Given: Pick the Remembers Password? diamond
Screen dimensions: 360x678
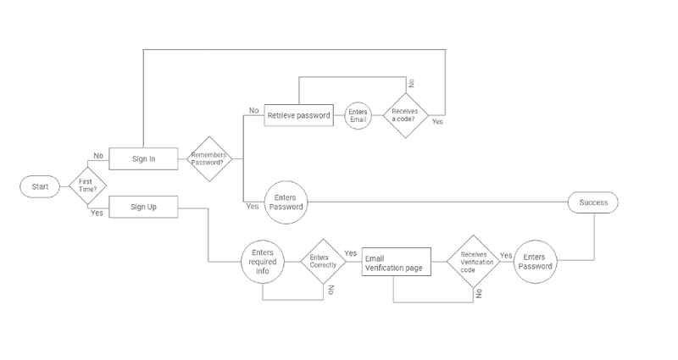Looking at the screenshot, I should pyautogui.click(x=208, y=158).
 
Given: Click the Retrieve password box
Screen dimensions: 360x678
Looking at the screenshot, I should pyautogui.click(x=298, y=115).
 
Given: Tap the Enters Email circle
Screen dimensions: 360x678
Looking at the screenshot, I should pyautogui.click(x=358, y=115).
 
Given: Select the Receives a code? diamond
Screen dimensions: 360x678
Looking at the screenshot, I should pyautogui.click(x=405, y=116).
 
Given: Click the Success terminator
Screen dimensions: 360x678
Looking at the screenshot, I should pyautogui.click(x=593, y=203).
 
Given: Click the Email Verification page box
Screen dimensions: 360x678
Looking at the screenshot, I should pyautogui.click(x=396, y=263).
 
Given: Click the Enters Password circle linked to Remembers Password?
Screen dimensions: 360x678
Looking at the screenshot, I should pyautogui.click(x=285, y=202).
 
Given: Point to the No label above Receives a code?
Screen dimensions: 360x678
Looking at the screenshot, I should pyautogui.click(x=412, y=83).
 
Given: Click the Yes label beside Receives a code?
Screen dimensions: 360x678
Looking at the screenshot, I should pyautogui.click(x=437, y=122).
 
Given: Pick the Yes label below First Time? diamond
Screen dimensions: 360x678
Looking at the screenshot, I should pyautogui.click(x=97, y=213).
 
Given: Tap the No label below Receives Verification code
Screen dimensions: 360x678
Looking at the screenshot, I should pyautogui.click(x=480, y=292).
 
